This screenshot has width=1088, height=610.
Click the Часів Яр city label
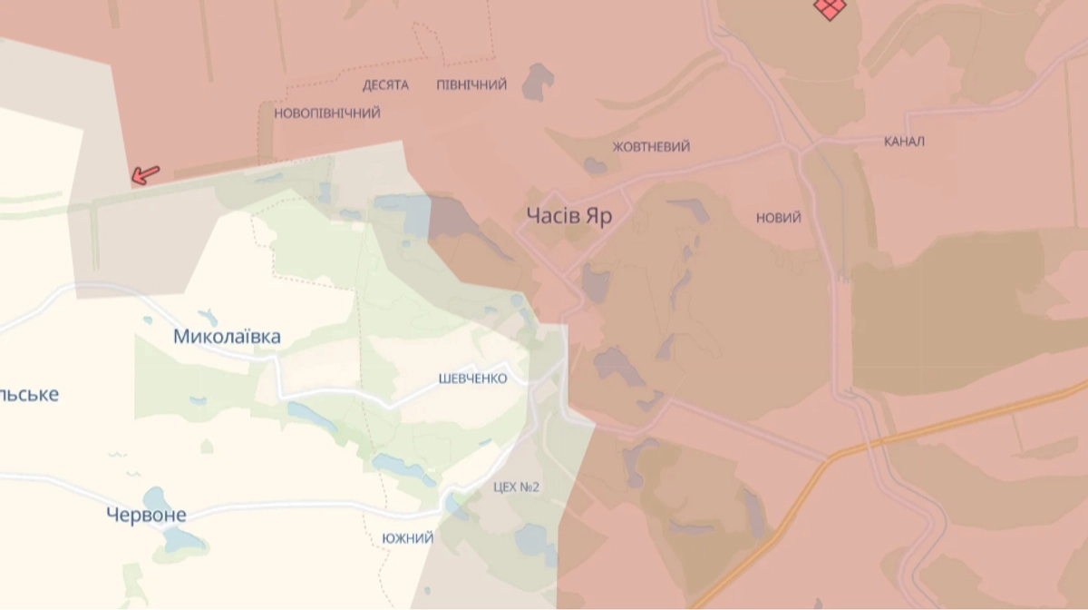569,216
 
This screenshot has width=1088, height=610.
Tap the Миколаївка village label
227,337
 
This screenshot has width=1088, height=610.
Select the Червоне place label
146,515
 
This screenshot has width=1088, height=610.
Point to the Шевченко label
472,379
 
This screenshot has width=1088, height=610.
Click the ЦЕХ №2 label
517,487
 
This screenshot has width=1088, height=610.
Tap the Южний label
408,538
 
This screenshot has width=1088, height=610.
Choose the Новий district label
779,218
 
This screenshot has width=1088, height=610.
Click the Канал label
904,142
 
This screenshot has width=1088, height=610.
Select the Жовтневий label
651,146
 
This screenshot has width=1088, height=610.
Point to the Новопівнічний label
327,113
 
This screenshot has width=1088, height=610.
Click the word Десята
385,85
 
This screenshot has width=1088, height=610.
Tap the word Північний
471,84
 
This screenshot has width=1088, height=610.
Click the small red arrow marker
145,173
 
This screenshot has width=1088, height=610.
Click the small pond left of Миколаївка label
148,320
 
